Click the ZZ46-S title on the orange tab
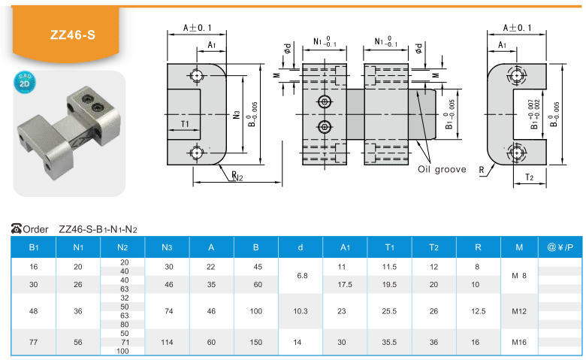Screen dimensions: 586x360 click(x=73, y=35)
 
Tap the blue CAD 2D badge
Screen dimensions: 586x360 click(x=25, y=82)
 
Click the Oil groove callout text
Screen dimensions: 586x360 click(x=442, y=169)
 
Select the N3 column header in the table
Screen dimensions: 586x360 click(x=167, y=247)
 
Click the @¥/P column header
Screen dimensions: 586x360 click(x=560, y=247)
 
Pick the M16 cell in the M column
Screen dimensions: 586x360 click(x=518, y=342)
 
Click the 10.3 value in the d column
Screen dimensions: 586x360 click(x=300, y=311)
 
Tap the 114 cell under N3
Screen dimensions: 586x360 click(x=167, y=342)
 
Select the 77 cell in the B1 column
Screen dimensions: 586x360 click(x=33, y=342)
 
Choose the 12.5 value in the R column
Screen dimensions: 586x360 click(x=478, y=311)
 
